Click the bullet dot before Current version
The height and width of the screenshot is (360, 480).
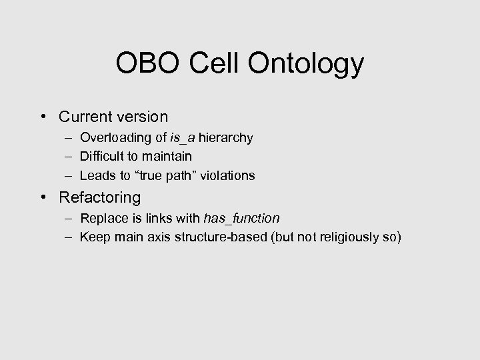(43, 117)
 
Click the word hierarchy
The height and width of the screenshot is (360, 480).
(221, 139)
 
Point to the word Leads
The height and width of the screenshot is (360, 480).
(96, 176)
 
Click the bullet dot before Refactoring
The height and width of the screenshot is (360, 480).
(43, 198)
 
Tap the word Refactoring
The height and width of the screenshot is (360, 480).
(100, 198)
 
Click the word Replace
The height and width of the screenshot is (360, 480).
(101, 219)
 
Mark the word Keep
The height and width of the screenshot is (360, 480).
(93, 237)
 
